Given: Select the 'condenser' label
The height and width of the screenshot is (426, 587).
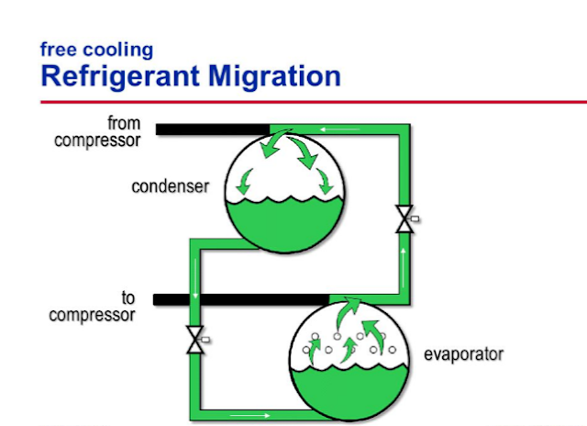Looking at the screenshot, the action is tap(171, 187).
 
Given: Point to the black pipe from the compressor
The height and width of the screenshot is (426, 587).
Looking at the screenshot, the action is tap(211, 129).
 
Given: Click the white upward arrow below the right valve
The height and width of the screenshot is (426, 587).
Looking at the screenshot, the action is tap(404, 252).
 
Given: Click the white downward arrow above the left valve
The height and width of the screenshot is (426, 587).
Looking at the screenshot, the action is tap(195, 297).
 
